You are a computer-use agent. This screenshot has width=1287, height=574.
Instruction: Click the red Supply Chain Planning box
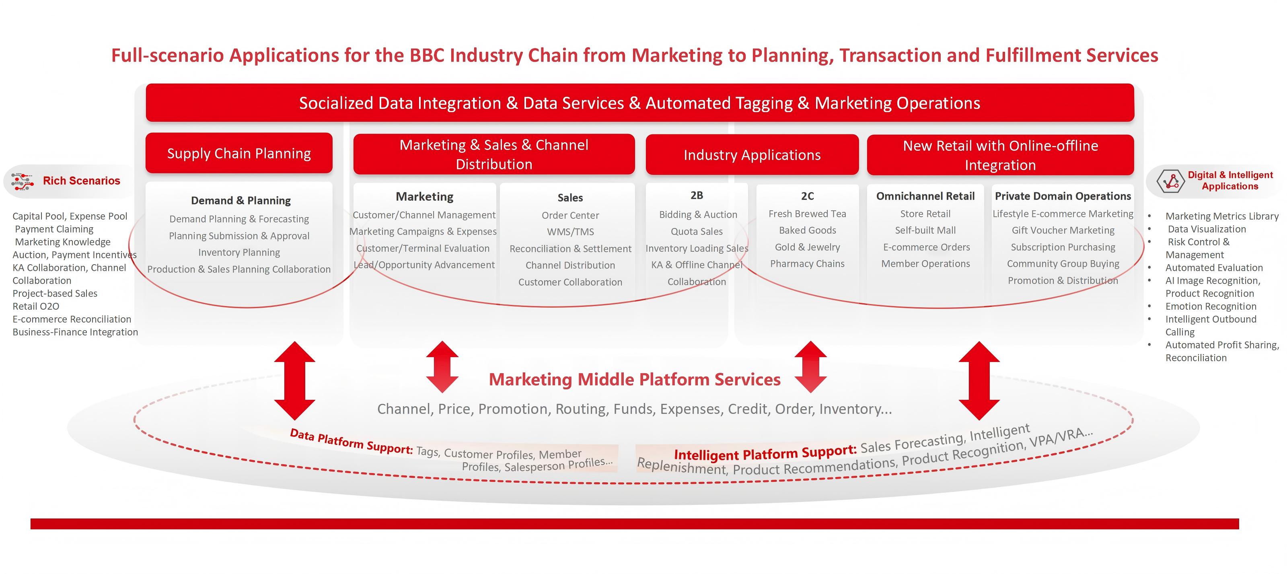point(239,153)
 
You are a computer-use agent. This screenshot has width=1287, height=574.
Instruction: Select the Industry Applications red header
point(752,155)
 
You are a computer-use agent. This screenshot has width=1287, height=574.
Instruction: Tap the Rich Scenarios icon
point(22,181)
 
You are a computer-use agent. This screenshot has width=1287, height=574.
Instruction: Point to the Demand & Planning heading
point(241,200)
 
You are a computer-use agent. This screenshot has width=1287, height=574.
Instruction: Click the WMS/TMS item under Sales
point(570,232)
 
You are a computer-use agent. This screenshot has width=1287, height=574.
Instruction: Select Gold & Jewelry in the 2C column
point(807,247)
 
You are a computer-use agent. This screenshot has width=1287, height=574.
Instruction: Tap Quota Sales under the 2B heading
point(697,231)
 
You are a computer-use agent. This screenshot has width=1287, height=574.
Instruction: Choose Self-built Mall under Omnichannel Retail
point(925,230)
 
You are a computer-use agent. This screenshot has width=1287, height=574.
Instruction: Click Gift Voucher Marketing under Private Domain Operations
point(1063,230)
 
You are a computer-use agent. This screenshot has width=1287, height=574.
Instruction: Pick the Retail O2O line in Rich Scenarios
point(36,306)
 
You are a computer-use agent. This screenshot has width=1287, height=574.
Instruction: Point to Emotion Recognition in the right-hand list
point(1211,306)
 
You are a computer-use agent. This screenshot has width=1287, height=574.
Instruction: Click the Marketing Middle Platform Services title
point(635,379)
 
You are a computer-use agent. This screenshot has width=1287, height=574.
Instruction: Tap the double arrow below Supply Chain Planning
point(295,381)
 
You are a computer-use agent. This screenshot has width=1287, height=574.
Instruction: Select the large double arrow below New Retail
point(979,381)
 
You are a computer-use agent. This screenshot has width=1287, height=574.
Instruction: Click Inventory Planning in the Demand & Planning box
point(239,252)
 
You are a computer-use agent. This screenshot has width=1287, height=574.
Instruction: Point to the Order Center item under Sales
point(570,215)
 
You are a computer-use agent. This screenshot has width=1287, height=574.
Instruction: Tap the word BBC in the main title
point(427,55)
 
